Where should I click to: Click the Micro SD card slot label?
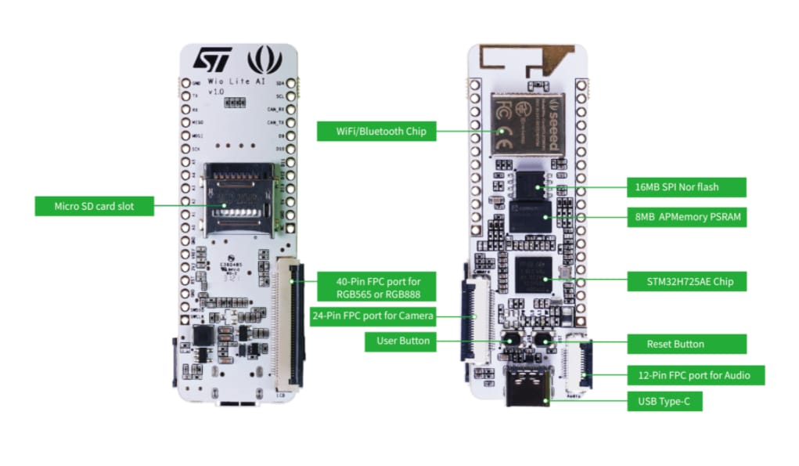94,206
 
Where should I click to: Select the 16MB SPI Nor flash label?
677,187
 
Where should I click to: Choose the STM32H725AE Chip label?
685,280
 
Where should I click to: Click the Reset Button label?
675,344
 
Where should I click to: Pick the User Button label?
403,341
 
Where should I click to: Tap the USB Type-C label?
665,402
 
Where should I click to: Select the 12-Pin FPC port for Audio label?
693,375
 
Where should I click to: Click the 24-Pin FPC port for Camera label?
373,316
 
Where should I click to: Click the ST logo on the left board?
212,60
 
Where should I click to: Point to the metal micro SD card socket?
239,200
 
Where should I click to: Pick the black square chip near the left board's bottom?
203,337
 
